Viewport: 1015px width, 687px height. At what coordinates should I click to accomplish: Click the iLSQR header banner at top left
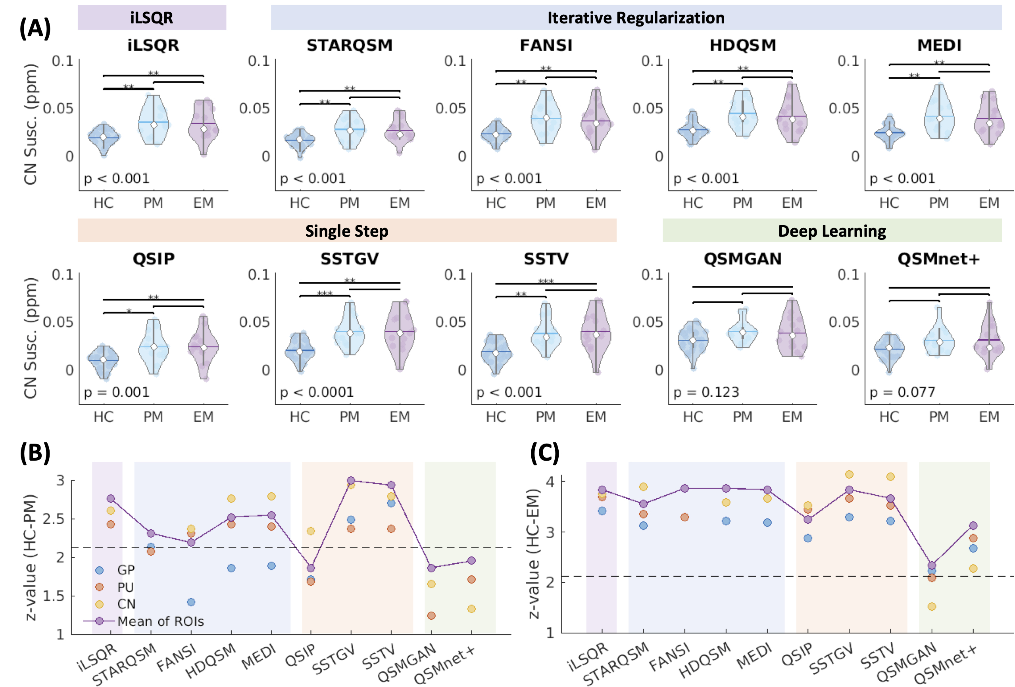pyautogui.click(x=152, y=17)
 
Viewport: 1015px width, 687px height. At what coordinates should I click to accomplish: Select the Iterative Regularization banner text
pyautogui.click(x=636, y=17)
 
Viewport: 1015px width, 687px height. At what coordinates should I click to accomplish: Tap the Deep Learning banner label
pyautogui.click(x=832, y=231)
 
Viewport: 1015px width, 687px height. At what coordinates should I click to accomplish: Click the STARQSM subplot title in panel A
pyautogui.click(x=350, y=45)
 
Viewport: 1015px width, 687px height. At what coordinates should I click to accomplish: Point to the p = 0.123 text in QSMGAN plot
pyautogui.click(x=706, y=392)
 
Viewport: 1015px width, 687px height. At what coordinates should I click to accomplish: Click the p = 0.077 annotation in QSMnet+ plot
pyautogui.click(x=902, y=392)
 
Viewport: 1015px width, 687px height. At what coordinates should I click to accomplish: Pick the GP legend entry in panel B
pyautogui.click(x=125, y=570)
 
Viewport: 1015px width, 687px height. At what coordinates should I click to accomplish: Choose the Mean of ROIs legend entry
pyautogui.click(x=160, y=621)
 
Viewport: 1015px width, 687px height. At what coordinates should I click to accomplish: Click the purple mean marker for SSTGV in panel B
pyautogui.click(x=351, y=480)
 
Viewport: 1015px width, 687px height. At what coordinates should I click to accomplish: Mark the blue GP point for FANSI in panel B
pyautogui.click(x=191, y=602)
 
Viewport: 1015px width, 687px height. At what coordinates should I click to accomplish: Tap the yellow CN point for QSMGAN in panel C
pyautogui.click(x=932, y=606)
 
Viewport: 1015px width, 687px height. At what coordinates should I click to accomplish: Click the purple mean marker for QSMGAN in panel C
pyautogui.click(x=932, y=565)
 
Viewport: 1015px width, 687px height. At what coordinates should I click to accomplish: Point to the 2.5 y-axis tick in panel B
pyautogui.click(x=53, y=519)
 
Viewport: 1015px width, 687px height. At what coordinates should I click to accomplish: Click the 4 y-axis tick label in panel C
pyautogui.click(x=550, y=481)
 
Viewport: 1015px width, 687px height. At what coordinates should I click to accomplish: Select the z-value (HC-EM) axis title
pyautogui.click(x=534, y=553)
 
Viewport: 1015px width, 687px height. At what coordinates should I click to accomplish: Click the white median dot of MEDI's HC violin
pyautogui.click(x=889, y=133)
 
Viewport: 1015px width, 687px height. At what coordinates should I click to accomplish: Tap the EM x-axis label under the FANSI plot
pyautogui.click(x=596, y=203)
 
